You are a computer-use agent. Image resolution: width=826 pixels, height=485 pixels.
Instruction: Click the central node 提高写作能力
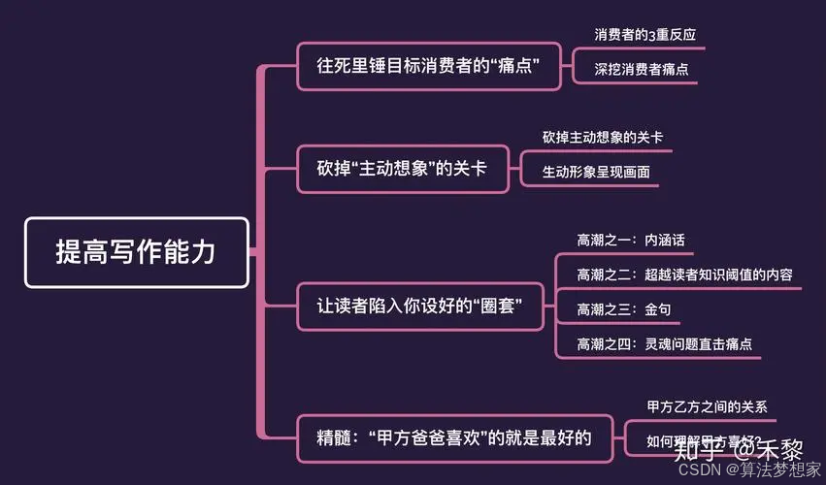(x=136, y=252)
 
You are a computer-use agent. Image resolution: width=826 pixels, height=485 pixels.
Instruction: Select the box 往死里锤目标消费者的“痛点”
(x=428, y=66)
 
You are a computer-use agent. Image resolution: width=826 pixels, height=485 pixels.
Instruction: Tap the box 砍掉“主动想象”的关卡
(x=403, y=169)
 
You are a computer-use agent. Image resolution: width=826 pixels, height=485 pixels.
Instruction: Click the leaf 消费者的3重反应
(x=644, y=34)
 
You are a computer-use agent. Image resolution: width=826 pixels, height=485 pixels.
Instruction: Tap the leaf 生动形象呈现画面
(x=596, y=172)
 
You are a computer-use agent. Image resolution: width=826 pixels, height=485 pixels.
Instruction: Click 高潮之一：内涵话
(x=631, y=240)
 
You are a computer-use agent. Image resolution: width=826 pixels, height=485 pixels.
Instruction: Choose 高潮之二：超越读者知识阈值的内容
(x=684, y=275)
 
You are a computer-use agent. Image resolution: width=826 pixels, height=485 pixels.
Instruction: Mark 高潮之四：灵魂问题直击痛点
(x=665, y=343)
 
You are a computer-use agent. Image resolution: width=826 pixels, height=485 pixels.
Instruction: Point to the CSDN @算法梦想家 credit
(x=747, y=470)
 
